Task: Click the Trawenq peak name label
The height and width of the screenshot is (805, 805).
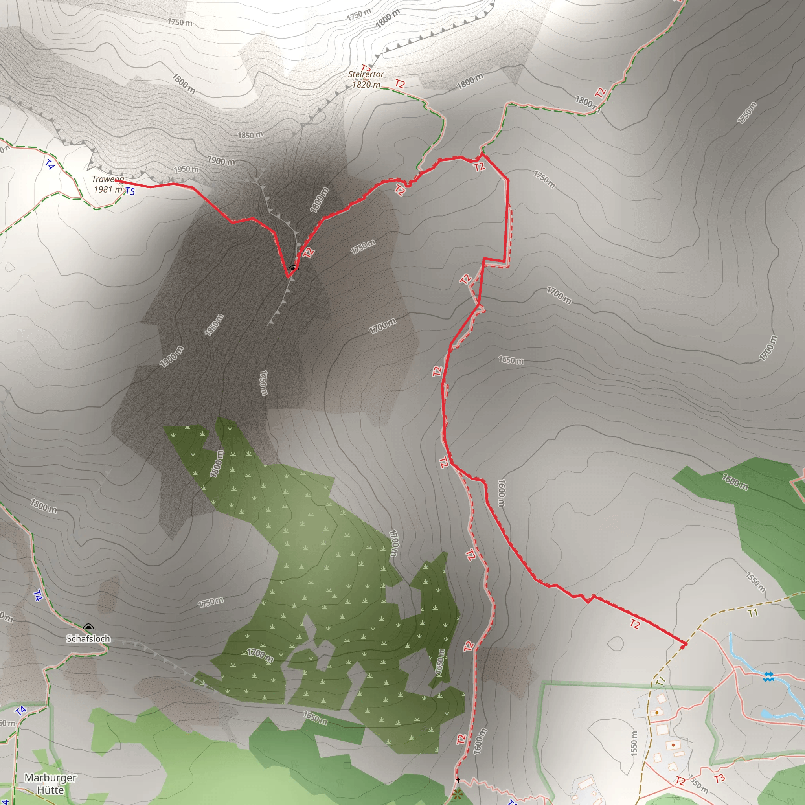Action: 108,179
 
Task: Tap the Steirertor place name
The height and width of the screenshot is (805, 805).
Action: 366,74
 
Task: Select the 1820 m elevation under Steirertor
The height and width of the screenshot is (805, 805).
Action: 366,85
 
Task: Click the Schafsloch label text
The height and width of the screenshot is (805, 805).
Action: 88,638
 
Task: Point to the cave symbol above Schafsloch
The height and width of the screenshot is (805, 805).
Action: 88,627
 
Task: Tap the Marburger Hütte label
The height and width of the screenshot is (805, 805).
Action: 50,784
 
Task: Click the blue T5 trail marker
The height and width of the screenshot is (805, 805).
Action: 130,191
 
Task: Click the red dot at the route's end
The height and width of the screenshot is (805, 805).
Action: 682,647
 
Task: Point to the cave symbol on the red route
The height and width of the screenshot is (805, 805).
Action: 293,269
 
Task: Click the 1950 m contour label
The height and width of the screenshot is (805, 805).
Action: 186,169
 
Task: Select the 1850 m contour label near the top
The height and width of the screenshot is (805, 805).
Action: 250,135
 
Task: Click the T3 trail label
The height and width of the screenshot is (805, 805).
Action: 719,778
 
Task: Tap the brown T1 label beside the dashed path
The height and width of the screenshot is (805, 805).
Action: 752,613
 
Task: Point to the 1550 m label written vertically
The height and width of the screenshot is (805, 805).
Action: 634,743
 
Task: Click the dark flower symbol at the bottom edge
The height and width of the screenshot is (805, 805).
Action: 457,794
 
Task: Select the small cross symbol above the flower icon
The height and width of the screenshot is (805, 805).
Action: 458,780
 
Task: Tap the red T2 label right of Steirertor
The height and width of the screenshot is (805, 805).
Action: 400,84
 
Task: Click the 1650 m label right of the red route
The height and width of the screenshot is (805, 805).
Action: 511,360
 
